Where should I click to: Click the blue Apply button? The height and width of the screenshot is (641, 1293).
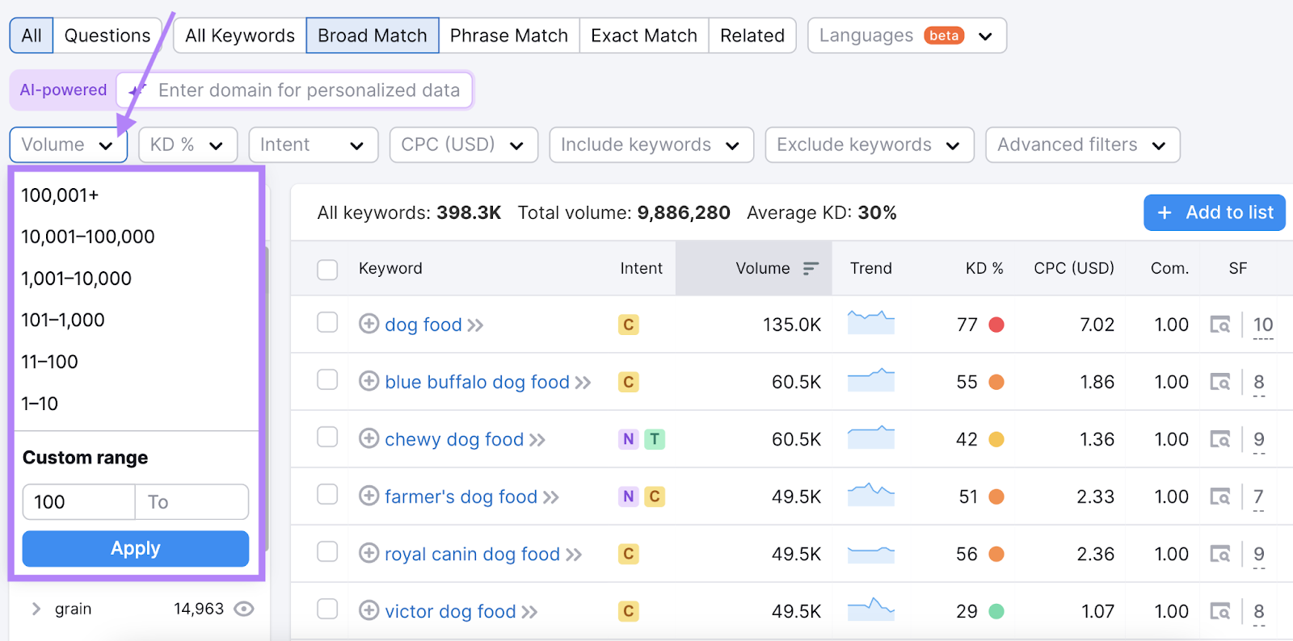(x=135, y=549)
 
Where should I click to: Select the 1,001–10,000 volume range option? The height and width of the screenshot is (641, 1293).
(x=76, y=279)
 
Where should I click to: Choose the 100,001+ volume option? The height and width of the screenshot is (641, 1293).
(x=60, y=195)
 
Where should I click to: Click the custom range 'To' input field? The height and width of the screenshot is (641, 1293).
(x=192, y=502)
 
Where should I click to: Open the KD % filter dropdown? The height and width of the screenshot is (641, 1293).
(x=187, y=145)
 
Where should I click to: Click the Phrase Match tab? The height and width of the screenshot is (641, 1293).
(x=508, y=36)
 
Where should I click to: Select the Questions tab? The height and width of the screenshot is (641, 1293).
(x=107, y=36)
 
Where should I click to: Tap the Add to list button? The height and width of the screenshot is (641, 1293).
(x=1214, y=213)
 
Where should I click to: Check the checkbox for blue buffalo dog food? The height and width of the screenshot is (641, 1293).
(x=327, y=380)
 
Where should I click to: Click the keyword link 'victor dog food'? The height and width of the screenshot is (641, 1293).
(x=450, y=612)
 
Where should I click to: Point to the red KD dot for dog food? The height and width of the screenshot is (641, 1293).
(x=996, y=325)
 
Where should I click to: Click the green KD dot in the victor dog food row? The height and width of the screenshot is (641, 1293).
(x=996, y=612)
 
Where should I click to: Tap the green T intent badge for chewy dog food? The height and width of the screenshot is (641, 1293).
(x=655, y=439)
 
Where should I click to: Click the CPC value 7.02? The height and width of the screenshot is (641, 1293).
(x=1097, y=325)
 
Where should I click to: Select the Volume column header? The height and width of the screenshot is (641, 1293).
(x=763, y=269)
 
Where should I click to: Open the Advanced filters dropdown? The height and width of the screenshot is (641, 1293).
(x=1082, y=145)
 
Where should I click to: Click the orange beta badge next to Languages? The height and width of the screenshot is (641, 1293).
(x=944, y=36)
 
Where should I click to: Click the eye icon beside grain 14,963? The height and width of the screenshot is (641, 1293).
(x=244, y=609)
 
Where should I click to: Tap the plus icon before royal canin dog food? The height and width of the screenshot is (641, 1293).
(x=369, y=553)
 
